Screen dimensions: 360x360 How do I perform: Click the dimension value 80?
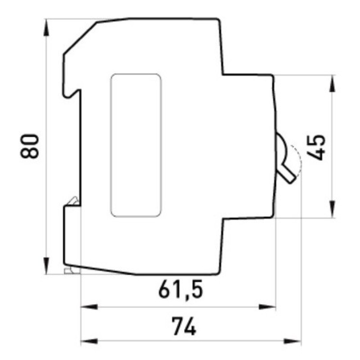tap(30, 146)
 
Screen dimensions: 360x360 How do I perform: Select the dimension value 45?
tap(316, 148)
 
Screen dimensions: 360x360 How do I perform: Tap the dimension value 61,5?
tap(181, 288)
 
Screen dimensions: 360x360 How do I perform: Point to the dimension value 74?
tap(184, 326)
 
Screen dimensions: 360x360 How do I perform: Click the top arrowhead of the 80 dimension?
tap(46, 27)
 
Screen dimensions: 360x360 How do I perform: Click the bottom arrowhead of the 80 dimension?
tap(46, 265)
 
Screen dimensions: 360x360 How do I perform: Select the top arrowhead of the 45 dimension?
tap(333, 84)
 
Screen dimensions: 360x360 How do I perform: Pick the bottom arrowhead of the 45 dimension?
tap(333, 209)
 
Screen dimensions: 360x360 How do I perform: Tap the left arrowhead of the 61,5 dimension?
tap(90, 307)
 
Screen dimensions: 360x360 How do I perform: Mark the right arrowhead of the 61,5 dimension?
tap(267, 307)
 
